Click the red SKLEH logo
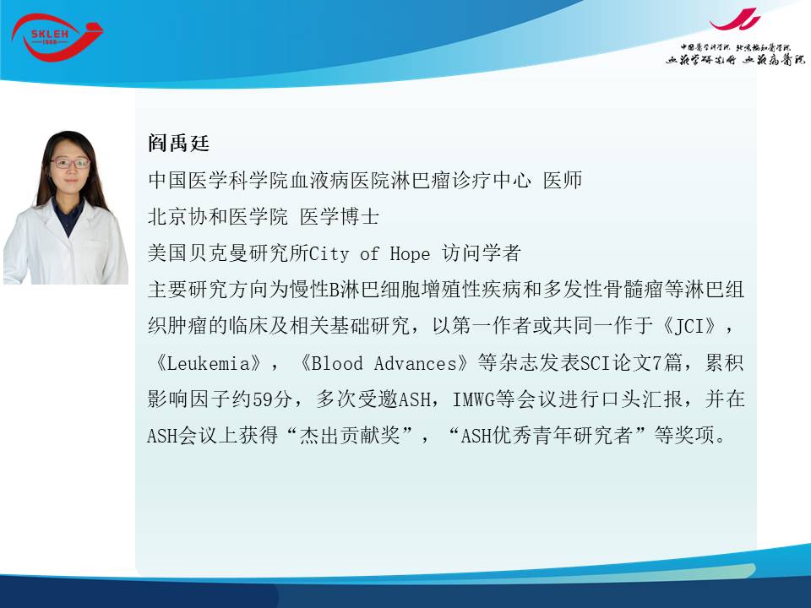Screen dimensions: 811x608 click(56, 37)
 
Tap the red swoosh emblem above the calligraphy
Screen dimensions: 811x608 click(735, 19)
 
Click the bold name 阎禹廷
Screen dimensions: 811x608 click(178, 144)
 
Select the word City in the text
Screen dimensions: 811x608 click(329, 253)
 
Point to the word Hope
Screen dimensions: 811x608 click(410, 253)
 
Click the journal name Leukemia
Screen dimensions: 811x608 click(208, 363)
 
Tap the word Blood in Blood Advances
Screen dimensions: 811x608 click(337, 363)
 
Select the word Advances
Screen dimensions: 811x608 click(416, 363)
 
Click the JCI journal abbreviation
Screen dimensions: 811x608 click(689, 326)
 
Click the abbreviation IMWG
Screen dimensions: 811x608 click(473, 399)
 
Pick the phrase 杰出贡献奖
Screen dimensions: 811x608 click(350, 436)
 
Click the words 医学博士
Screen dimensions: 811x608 click(340, 217)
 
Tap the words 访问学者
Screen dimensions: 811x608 click(481, 253)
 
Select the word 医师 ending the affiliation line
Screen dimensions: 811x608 click(563, 180)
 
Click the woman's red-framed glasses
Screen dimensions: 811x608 click(70, 163)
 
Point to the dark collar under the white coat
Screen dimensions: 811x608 click(68, 215)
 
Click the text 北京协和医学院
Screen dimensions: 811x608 click(218, 217)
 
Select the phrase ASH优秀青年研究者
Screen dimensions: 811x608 click(547, 436)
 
